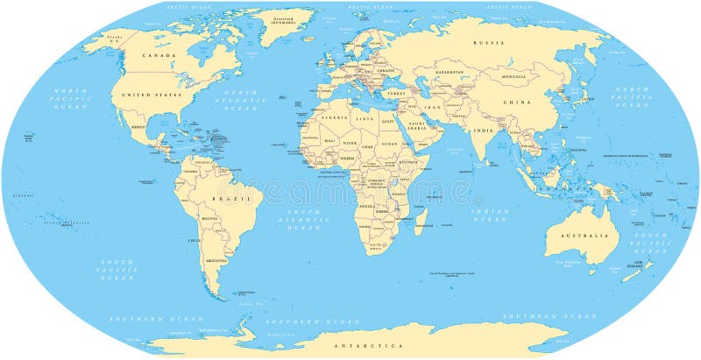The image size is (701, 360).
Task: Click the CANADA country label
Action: (x=159, y=55)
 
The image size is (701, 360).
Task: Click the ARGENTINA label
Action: (x=215, y=260)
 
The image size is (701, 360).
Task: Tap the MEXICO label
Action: (x=138, y=127)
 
